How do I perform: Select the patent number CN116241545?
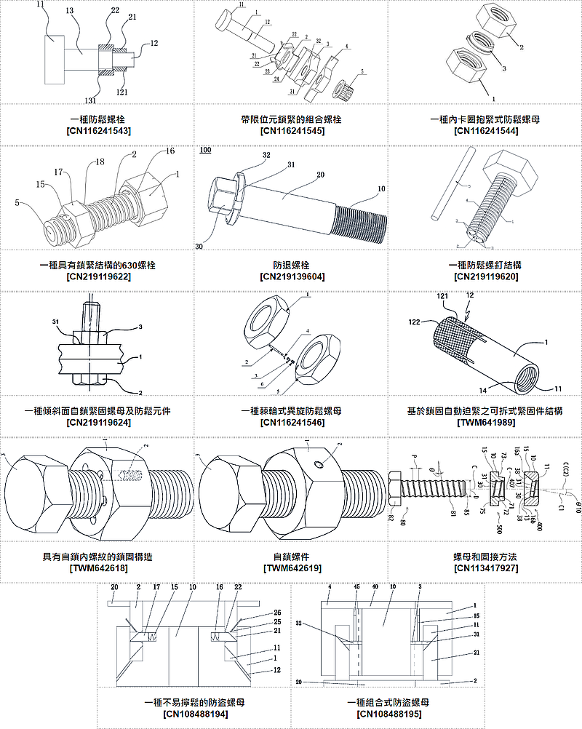291,131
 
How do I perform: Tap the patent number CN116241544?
485,131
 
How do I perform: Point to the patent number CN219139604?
291,277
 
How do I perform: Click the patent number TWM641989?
485,423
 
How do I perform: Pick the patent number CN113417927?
485,568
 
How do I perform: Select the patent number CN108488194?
194,715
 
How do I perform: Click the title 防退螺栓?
291,266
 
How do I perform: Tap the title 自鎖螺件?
291,557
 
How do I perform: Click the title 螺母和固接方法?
485,557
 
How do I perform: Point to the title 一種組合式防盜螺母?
388,704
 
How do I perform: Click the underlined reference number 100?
205,151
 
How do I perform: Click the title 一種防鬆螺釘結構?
485,266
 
